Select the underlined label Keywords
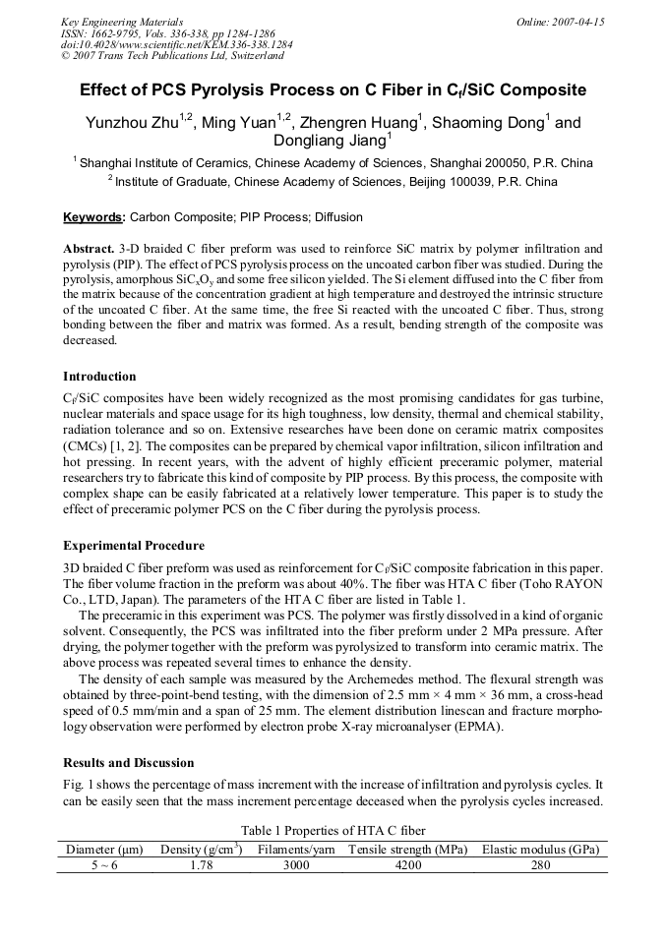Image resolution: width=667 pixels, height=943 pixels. pyautogui.click(x=93, y=217)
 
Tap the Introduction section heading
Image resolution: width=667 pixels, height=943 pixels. pyautogui.click(x=99, y=377)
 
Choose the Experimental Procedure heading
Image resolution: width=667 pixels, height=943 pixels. pyautogui.click(x=134, y=545)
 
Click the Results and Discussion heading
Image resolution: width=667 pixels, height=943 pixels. pyautogui.click(x=128, y=762)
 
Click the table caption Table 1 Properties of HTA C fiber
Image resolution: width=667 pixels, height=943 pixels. pyautogui.click(x=333, y=831)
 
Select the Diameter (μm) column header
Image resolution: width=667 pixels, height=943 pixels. pyautogui.click(x=105, y=850)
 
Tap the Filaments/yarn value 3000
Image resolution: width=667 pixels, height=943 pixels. pyautogui.click(x=295, y=865)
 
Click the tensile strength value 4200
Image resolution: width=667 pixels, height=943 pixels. pyautogui.click(x=407, y=865)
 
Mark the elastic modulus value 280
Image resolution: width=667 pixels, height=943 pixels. pyautogui.click(x=540, y=865)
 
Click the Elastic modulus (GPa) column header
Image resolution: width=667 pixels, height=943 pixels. pyautogui.click(x=540, y=850)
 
